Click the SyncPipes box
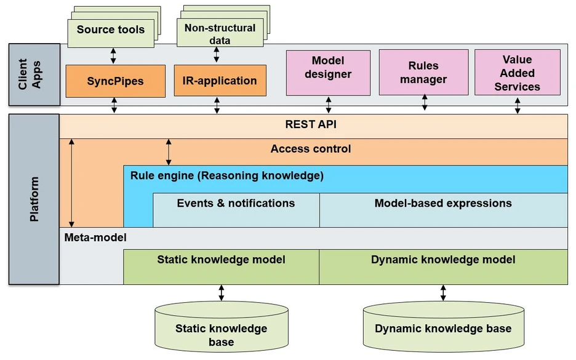[x=115, y=81]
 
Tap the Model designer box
[x=328, y=73]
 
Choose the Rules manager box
[x=423, y=72]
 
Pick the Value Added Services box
[x=517, y=73]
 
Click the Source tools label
[x=111, y=30]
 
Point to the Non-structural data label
[x=220, y=34]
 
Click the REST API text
[x=311, y=124]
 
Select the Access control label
[x=311, y=149]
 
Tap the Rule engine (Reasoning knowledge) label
[x=226, y=175]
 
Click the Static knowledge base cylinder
[x=221, y=332]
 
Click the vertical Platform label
[x=34, y=199]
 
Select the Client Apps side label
[x=30, y=74]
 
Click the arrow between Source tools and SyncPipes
[x=113, y=56]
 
